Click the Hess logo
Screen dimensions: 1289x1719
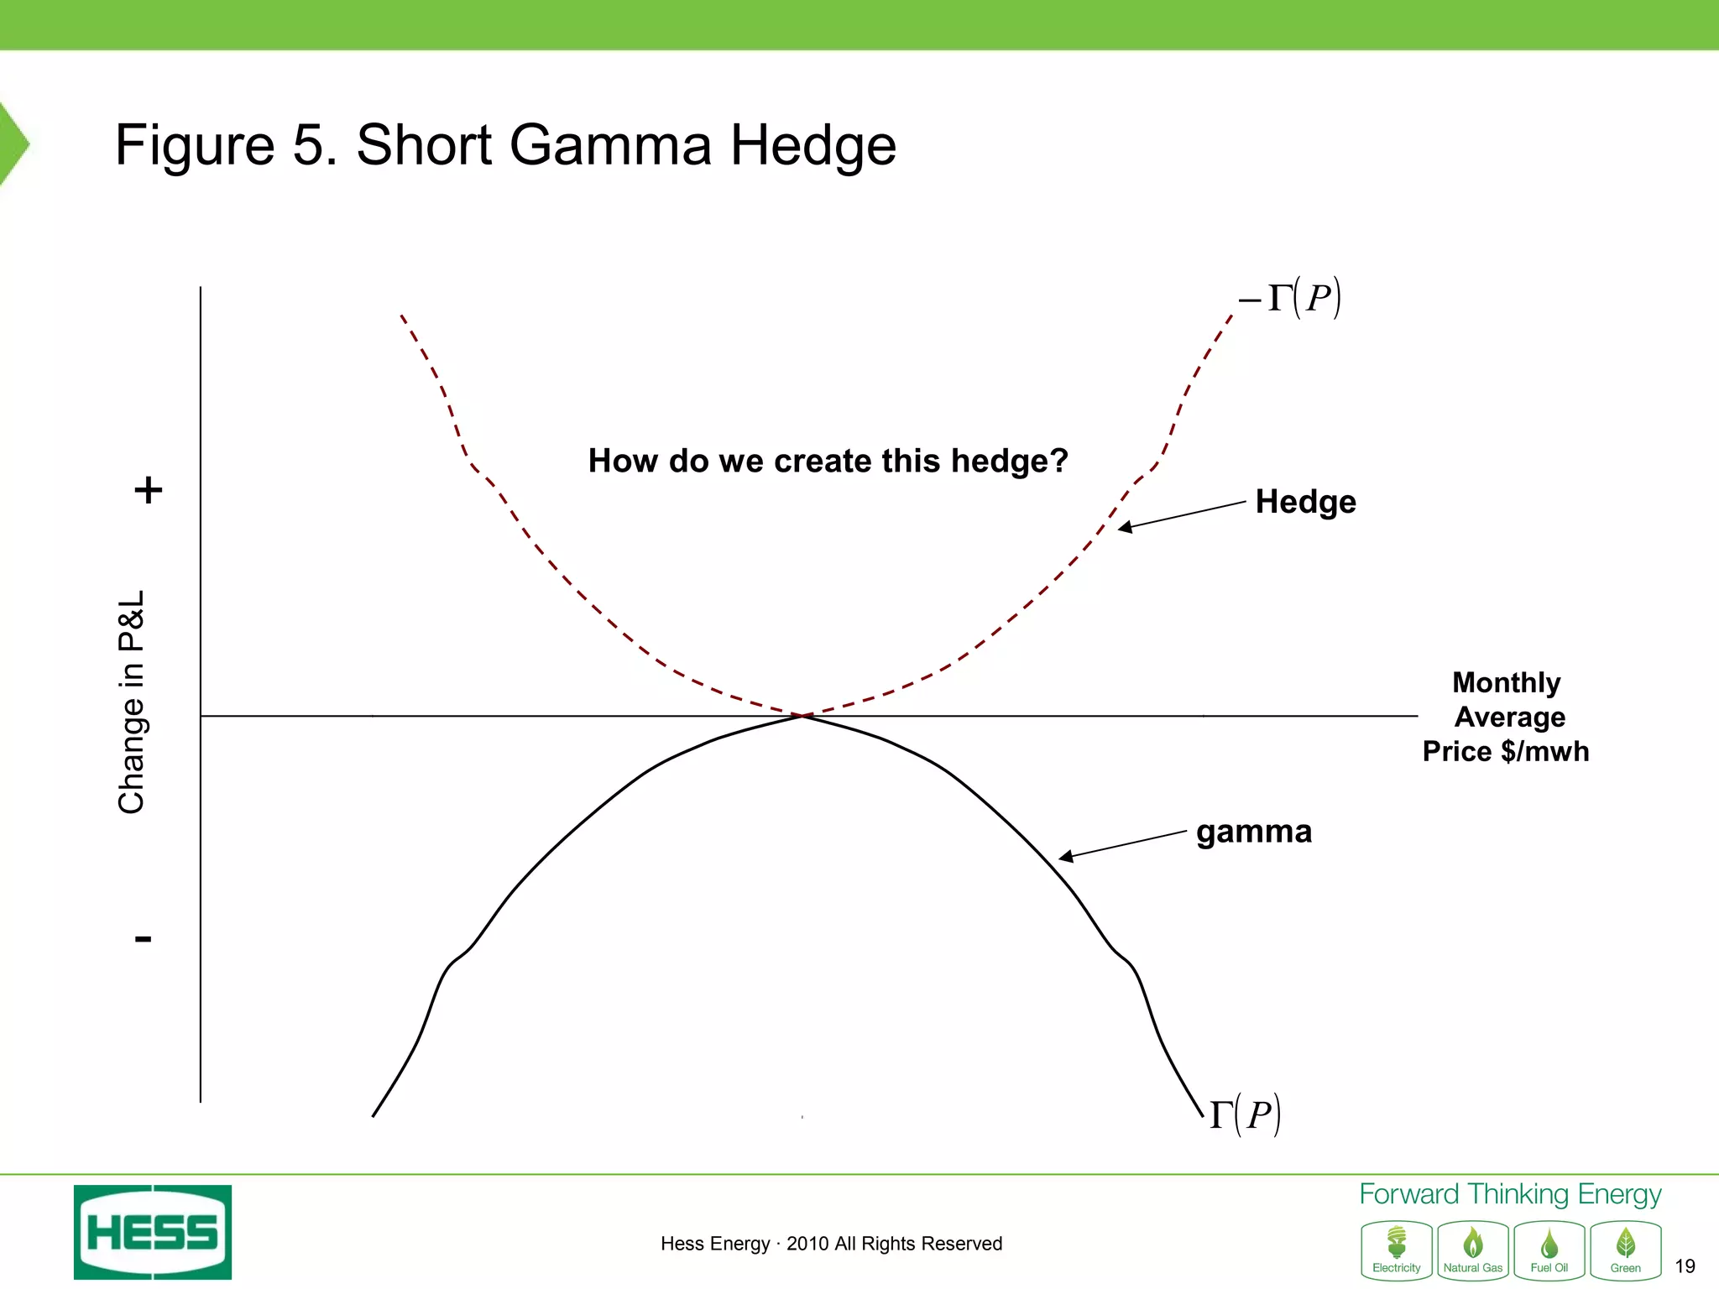tap(153, 1232)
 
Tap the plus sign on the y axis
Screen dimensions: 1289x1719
tap(149, 490)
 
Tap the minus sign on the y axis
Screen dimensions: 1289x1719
tap(144, 938)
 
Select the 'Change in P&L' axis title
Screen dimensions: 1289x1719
tap(133, 702)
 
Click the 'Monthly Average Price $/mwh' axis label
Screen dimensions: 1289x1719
tap(1507, 717)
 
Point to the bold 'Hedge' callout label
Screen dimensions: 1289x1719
tap(1305, 502)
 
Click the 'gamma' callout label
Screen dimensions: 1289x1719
tap(1254, 832)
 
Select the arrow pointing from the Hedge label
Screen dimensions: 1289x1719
tap(1182, 514)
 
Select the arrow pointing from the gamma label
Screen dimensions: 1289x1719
tap(1122, 844)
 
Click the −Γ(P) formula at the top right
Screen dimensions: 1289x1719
tap(1291, 298)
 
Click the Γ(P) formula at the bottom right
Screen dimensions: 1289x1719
tap(1245, 1114)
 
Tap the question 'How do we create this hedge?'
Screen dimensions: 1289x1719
tap(828, 461)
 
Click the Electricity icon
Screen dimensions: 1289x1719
tap(1397, 1250)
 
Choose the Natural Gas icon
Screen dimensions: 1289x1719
tap(1473, 1250)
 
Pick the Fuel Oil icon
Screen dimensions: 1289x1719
tap(1549, 1250)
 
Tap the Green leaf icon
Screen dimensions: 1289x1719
tap(1626, 1250)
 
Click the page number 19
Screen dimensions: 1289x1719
tap(1685, 1266)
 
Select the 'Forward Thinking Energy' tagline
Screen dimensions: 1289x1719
tap(1510, 1194)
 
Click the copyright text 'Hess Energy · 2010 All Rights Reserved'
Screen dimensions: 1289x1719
tap(831, 1244)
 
